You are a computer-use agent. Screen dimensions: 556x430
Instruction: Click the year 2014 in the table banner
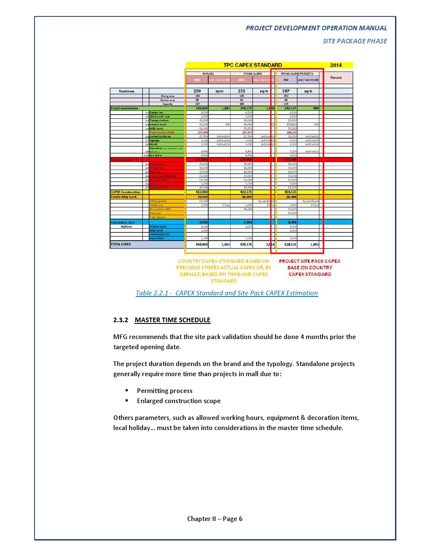pos(336,65)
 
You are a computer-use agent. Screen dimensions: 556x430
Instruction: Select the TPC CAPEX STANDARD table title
pos(253,65)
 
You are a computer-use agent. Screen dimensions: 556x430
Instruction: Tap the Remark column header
pos(336,78)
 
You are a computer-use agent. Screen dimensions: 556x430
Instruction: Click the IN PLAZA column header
pos(208,74)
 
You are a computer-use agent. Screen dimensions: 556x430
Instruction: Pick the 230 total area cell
pos(197,91)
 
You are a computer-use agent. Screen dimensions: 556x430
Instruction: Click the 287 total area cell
pos(286,91)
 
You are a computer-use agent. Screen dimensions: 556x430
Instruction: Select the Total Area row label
pos(126,91)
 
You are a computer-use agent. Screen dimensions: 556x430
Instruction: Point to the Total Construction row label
pos(124,108)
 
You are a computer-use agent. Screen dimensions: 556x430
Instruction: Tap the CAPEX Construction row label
pos(125,192)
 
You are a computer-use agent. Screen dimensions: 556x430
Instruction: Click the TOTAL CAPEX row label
pos(121,244)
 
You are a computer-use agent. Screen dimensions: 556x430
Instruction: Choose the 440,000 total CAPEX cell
pos(202,244)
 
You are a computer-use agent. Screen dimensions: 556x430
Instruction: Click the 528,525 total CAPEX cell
pos(290,244)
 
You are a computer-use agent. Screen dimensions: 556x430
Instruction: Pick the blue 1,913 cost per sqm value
pos(226,244)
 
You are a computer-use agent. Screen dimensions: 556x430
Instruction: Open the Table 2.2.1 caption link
pos(227,293)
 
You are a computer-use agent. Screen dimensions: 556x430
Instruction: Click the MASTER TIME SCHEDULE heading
pos(172,320)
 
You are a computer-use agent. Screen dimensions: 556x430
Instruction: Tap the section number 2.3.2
pos(121,320)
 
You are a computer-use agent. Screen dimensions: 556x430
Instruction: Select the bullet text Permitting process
pos(164,391)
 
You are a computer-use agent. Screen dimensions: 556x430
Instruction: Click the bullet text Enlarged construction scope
pos(178,401)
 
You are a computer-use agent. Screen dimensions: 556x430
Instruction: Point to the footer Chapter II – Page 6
pos(215,519)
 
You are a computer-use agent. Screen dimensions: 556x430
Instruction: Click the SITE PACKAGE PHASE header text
pos(355,41)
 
